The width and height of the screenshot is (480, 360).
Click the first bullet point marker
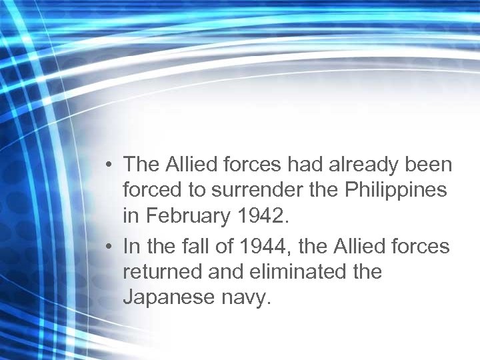click(109, 165)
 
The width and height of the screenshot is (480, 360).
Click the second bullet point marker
click(109, 247)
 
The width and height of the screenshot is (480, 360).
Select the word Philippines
click(395, 189)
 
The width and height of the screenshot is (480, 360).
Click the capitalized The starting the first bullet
click(139, 164)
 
